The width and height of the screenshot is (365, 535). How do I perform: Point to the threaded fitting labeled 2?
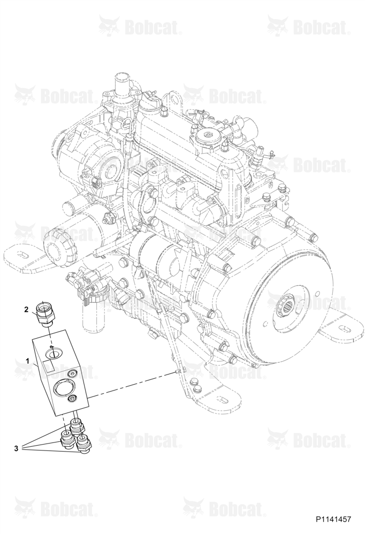coord(45,313)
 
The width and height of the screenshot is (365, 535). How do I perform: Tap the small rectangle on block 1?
coord(48,366)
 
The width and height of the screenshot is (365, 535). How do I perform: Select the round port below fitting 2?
coord(54,353)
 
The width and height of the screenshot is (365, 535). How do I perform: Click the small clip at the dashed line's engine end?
coord(177,371)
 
